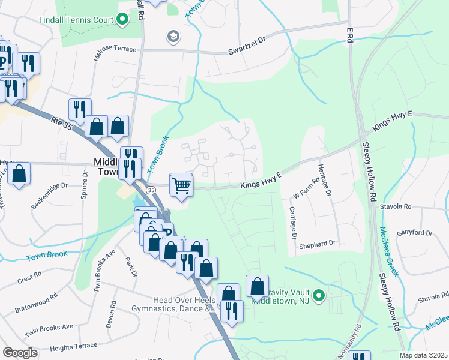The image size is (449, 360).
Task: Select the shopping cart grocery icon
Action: tap(181, 185)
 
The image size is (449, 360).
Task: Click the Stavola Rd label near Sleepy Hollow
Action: tap(396, 206)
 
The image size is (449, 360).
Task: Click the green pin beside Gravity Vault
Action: tap(319, 295)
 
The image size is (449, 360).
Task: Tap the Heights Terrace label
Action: tap(73, 346)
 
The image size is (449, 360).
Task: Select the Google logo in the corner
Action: tap(20, 352)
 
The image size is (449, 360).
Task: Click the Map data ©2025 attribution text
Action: tap(423, 355)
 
